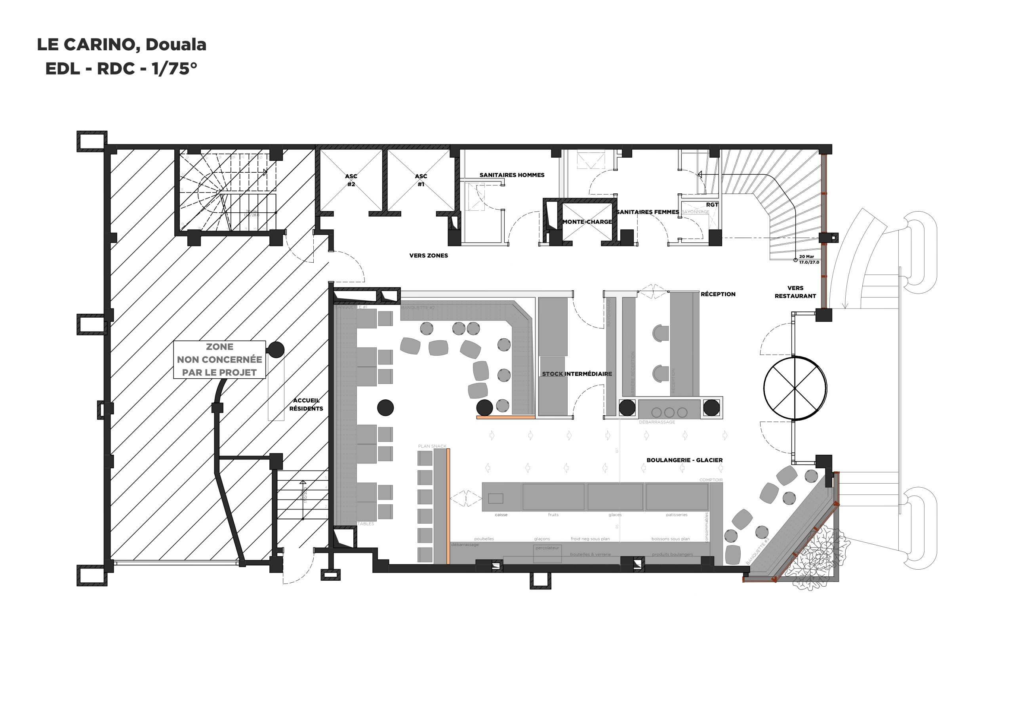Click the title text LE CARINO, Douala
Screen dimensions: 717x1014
pos(122,45)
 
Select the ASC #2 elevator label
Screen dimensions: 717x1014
pos(351,180)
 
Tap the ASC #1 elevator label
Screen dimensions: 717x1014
pos(421,180)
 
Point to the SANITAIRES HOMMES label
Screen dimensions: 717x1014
pos(512,175)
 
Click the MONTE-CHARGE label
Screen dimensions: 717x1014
pos(587,222)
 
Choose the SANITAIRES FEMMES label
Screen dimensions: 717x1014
pos(648,212)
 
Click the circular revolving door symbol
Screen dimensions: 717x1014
pos(795,388)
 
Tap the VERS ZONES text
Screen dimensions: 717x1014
pos(429,256)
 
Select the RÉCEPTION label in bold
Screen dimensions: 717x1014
pos(718,294)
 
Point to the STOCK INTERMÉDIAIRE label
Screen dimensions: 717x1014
pos(577,374)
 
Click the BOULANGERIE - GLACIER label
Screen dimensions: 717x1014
pos(684,460)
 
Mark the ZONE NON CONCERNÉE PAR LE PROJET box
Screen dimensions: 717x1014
pos(219,360)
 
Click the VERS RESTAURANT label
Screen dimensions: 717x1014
pos(795,292)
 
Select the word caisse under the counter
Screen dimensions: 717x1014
pos(501,515)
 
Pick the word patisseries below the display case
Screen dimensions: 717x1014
pos(677,515)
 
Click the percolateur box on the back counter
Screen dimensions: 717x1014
pos(547,553)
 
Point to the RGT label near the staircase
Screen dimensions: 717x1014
pos(712,204)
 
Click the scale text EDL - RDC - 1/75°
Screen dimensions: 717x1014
pos(121,69)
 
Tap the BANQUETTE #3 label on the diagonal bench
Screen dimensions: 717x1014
pos(758,551)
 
